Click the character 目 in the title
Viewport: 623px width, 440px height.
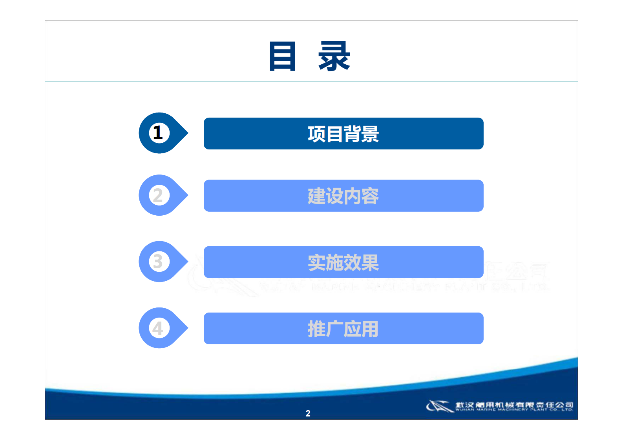coord(282,56)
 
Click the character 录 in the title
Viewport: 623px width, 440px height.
coord(334,56)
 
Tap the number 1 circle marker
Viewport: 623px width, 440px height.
coord(159,133)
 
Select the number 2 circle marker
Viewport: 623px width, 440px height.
coord(159,195)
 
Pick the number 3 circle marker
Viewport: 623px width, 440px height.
coord(159,262)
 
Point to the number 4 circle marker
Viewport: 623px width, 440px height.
coord(159,328)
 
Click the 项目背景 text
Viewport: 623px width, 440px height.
coord(343,134)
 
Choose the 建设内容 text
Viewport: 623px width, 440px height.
coord(343,196)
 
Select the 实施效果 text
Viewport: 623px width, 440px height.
coord(343,263)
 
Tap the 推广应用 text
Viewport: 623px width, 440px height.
coord(343,329)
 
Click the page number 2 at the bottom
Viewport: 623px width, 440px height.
coord(308,413)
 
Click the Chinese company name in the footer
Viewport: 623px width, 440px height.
coord(514,404)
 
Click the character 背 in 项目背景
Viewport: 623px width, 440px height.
coord(352,134)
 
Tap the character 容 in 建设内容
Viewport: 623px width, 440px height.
coord(370,196)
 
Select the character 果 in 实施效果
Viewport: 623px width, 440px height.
coord(370,263)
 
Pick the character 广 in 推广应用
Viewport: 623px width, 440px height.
coord(334,329)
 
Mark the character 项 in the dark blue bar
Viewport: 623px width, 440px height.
coord(316,134)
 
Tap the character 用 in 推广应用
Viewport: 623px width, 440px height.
coord(370,329)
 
